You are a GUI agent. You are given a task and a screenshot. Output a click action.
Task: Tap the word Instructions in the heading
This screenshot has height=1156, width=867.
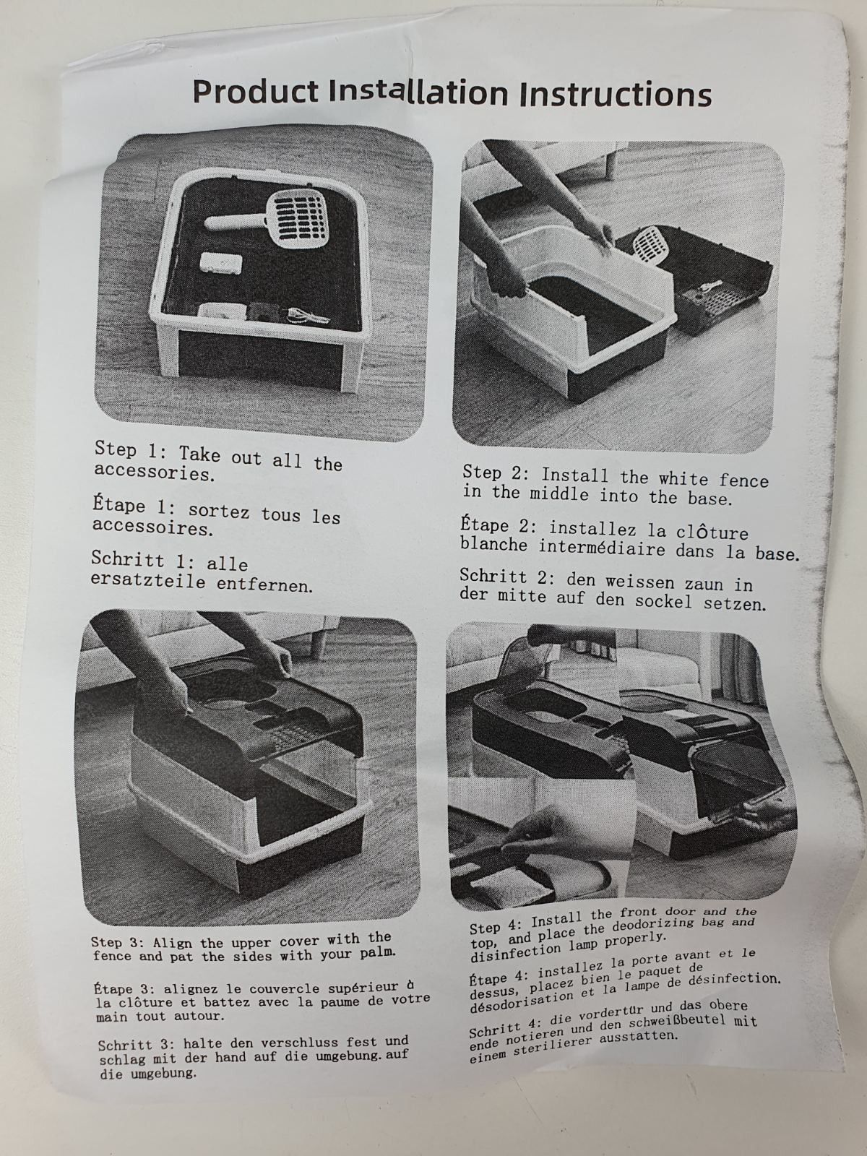pos(616,95)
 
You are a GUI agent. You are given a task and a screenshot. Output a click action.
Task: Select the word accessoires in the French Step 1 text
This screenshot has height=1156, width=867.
pos(152,527)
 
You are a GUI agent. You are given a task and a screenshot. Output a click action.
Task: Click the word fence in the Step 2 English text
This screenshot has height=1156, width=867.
pos(743,480)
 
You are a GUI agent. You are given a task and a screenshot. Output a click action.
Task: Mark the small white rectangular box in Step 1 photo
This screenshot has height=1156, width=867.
pos(221,262)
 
